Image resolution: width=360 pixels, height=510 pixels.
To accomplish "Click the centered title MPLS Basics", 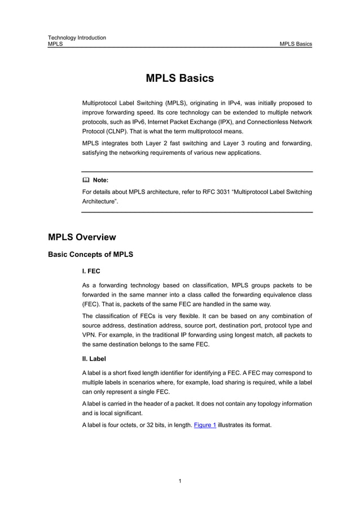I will coord(179,79).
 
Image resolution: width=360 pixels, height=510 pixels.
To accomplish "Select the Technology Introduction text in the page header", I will coord(77,38).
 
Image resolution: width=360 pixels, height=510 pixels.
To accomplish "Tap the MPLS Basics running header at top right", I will coord(296,44).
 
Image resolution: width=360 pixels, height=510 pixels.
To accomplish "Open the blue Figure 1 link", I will coord(205,425).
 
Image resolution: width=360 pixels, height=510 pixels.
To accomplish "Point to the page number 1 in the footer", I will coord(179,481).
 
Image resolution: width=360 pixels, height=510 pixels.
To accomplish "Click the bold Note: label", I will coord(100,180).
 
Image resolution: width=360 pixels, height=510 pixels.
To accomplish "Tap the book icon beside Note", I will coord(86,180).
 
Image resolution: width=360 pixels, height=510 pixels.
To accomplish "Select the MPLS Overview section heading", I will coord(82,237).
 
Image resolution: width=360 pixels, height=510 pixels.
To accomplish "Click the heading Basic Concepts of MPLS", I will coord(90,255).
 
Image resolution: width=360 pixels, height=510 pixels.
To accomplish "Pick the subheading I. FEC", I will coord(91,272).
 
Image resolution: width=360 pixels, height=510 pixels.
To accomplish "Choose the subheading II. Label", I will coord(94,359).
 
